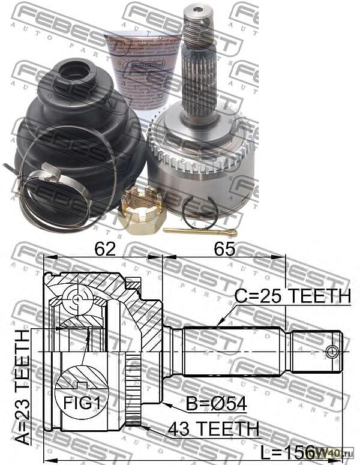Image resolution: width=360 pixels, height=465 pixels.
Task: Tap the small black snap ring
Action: point(200,213)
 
